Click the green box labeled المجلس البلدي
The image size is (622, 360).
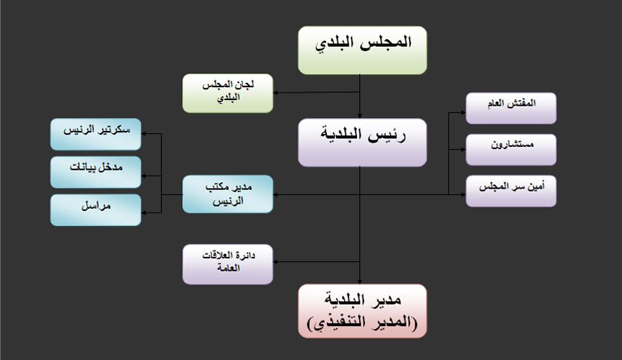click(x=362, y=50)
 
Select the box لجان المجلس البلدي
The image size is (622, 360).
click(x=227, y=94)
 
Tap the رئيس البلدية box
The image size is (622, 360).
click(x=362, y=143)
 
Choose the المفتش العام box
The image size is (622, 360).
click(x=511, y=108)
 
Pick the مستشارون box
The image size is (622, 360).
click(x=511, y=150)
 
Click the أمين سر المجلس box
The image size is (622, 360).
click(x=511, y=191)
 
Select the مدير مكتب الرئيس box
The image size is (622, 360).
click(x=227, y=194)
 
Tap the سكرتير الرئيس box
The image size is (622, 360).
click(x=96, y=134)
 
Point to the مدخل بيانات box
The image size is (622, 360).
click(x=96, y=172)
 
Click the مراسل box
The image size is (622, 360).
click(x=96, y=210)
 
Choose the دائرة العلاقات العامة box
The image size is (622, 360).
click(x=227, y=264)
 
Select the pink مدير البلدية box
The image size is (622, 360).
click(x=362, y=311)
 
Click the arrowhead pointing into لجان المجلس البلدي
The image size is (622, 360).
click(x=276, y=93)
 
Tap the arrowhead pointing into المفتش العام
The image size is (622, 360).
click(x=464, y=112)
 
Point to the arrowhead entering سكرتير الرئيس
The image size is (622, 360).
click(x=144, y=134)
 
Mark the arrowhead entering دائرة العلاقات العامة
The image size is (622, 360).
click(x=276, y=262)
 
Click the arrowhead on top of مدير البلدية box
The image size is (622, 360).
click(x=360, y=282)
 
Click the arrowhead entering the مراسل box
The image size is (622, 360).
click(x=144, y=212)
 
